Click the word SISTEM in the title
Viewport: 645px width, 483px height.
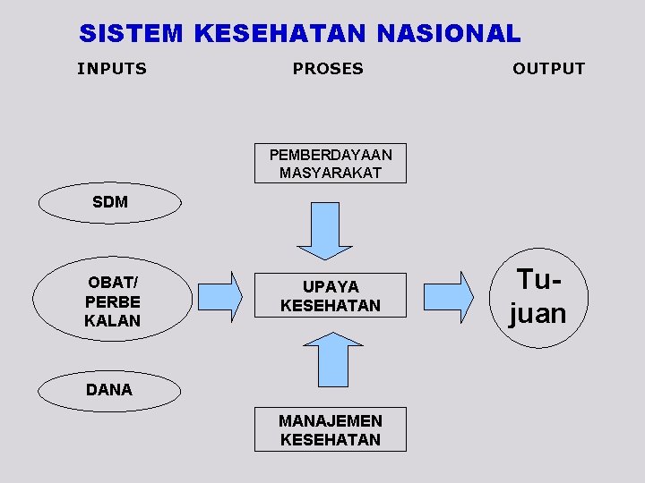click(x=131, y=34)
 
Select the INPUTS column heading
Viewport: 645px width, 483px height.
click(x=112, y=69)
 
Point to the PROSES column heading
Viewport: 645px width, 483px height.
click(x=328, y=69)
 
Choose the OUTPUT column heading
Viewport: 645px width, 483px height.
click(x=548, y=69)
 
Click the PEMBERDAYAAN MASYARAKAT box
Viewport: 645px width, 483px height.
click(x=330, y=164)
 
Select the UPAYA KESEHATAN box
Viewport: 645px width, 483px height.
click(x=330, y=295)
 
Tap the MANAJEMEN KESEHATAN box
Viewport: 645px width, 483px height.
click(x=330, y=429)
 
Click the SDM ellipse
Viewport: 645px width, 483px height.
click(x=110, y=202)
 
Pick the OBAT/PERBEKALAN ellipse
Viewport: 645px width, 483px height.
click(x=113, y=301)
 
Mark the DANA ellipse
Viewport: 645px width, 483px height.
click(x=109, y=389)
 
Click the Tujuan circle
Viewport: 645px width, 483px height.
click(x=537, y=297)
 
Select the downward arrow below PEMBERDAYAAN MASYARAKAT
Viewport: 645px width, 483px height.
click(x=323, y=231)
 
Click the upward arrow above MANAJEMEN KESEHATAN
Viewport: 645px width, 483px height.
click(x=331, y=359)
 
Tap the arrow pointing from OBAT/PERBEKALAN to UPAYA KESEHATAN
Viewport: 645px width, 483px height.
click(x=223, y=296)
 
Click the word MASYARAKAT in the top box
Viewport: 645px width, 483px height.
click(x=330, y=173)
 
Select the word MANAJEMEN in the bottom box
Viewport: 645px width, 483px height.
click(x=330, y=420)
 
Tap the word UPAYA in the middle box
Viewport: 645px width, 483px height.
click(x=330, y=286)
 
